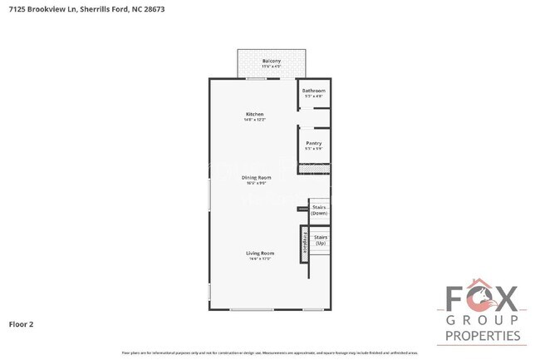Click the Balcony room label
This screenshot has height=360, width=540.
pyautogui.click(x=272, y=61)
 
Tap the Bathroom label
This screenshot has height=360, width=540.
pyautogui.click(x=313, y=91)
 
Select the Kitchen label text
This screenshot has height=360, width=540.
pyautogui.click(x=254, y=114)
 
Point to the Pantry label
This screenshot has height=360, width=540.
pyautogui.click(x=313, y=143)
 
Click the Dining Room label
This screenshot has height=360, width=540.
pyautogui.click(x=256, y=177)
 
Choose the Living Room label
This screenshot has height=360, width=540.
pyautogui.click(x=259, y=253)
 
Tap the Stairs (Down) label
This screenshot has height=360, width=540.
pyautogui.click(x=319, y=210)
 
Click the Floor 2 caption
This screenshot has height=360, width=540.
pyautogui.click(x=21, y=323)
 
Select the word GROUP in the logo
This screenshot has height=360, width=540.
pyautogui.click(x=483, y=320)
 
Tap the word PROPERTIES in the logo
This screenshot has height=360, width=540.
pyautogui.click(x=483, y=336)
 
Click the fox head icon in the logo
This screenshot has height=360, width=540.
pyautogui.click(x=482, y=297)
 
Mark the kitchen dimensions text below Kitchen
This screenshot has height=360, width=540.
pyautogui.click(x=254, y=120)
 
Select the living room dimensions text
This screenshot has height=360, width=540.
pyautogui.click(x=259, y=259)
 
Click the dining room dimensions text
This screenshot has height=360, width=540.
pyautogui.click(x=256, y=183)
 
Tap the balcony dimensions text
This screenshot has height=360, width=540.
pyautogui.click(x=272, y=67)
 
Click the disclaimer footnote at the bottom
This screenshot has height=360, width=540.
pyautogui.click(x=270, y=353)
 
